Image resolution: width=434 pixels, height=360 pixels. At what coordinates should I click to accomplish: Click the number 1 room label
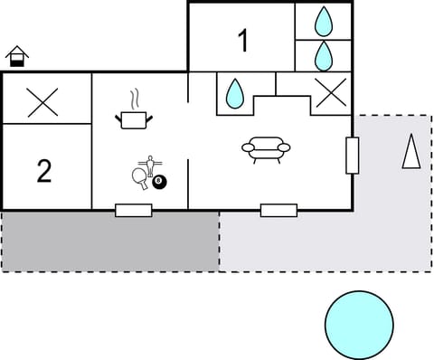coord(242,40)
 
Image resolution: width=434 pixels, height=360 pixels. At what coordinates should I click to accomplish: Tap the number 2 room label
coord(44,170)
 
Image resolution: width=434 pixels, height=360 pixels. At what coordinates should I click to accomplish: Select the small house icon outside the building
coord(16,57)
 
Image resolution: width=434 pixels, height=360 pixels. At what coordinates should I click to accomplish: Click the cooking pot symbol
coord(133,118)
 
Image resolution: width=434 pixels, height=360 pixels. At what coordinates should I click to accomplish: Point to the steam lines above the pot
coord(134,97)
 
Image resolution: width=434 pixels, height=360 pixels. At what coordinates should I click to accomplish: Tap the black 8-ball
coord(160,183)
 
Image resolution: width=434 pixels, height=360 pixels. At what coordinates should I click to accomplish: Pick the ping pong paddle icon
coord(139,177)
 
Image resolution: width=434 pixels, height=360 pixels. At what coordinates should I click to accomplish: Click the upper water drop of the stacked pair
coord(323,20)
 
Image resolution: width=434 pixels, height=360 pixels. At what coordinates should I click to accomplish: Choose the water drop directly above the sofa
coord(235,92)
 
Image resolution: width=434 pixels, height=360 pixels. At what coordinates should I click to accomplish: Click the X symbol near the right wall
coord(329,93)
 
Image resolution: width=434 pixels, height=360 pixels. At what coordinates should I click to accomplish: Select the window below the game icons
coord(133,210)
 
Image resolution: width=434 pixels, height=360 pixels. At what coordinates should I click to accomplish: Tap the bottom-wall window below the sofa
coord(278,210)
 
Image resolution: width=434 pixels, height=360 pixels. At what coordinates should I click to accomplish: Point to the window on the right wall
coord(353,156)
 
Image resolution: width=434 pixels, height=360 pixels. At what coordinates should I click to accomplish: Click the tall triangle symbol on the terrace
coord(412,151)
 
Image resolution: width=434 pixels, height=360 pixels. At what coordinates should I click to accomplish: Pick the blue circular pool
coord(359,324)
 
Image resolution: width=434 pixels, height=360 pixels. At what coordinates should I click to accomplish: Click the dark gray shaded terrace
coord(108,242)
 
